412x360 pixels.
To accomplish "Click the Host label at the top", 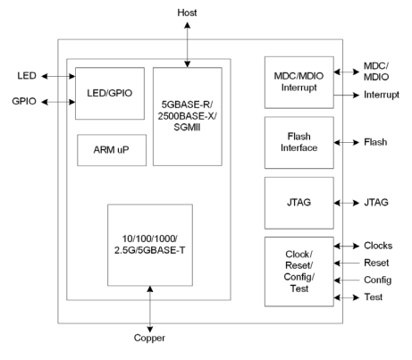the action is [x=187, y=13].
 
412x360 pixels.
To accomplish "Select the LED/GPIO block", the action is [x=110, y=94].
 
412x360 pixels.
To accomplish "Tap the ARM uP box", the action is [x=112, y=150].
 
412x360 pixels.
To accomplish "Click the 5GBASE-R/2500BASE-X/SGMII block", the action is [x=188, y=116].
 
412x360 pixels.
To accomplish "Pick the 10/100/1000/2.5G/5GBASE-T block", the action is [x=150, y=245].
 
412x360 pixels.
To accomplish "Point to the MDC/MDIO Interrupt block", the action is [x=299, y=82].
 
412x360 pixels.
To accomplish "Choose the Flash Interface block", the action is [x=299, y=143].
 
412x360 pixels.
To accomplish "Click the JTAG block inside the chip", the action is [x=299, y=203].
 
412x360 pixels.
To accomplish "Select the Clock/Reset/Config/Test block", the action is [x=299, y=272].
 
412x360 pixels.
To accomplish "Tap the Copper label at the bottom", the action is [x=149, y=338].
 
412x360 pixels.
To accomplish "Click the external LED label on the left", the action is [x=27, y=76].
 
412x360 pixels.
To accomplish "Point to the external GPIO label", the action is [x=24, y=101].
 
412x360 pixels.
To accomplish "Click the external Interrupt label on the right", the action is [x=382, y=95].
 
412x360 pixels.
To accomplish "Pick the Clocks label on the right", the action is [x=378, y=246].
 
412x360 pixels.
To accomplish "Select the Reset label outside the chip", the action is [x=376, y=263].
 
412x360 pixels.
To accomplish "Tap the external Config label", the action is [x=378, y=280].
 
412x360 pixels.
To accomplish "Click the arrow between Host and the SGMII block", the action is [x=188, y=45].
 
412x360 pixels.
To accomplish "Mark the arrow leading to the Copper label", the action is [x=150, y=309].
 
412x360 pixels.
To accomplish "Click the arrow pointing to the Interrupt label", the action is [x=347, y=96].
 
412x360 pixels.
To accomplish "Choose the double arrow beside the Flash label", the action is [x=347, y=143].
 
